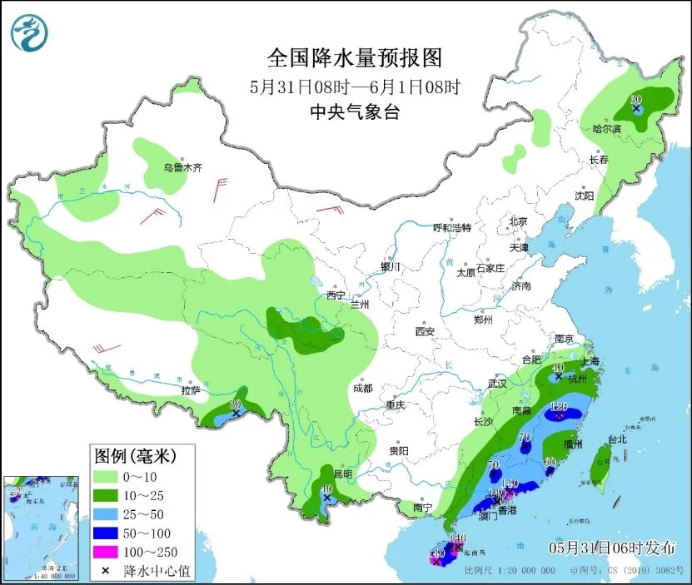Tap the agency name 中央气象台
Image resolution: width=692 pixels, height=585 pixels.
coord(353,112)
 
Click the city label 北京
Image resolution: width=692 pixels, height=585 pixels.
coord(518,221)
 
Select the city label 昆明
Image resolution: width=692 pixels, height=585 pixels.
coord(342,474)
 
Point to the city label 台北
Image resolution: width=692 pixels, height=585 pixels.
coord(616,439)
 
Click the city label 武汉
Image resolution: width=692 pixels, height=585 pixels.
coord(497,384)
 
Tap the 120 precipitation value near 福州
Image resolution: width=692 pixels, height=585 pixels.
coord(559,406)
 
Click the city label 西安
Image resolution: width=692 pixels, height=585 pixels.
coord(425,332)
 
